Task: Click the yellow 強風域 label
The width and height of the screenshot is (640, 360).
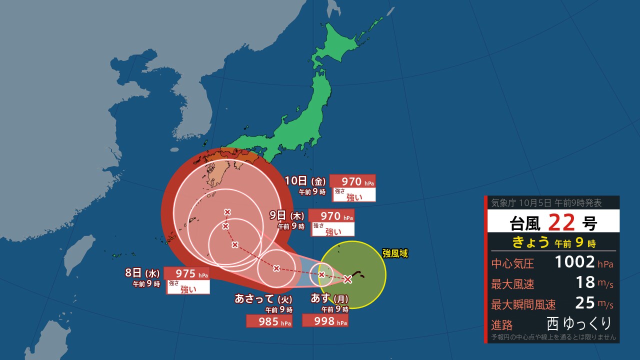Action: (x=395, y=253)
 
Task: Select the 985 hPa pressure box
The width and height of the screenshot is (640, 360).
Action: (x=269, y=321)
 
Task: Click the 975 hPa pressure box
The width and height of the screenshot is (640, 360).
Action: (x=186, y=274)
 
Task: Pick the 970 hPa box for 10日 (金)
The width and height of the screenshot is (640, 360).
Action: (x=352, y=181)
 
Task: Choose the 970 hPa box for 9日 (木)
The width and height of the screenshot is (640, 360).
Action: (x=331, y=215)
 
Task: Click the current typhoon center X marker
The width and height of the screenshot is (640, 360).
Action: (x=348, y=279)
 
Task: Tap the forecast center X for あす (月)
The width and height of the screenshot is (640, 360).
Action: (x=321, y=274)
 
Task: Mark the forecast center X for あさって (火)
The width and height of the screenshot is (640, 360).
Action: (x=276, y=268)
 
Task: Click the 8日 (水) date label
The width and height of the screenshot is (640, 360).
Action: (x=142, y=273)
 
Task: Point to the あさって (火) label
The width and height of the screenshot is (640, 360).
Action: (x=263, y=299)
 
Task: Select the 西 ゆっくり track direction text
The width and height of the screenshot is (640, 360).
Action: (x=579, y=323)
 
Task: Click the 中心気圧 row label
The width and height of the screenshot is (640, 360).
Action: (x=512, y=263)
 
